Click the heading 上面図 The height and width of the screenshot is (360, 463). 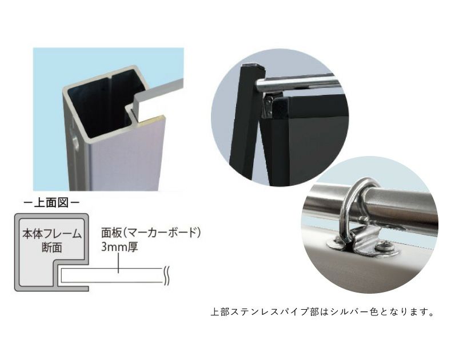[x=51, y=203]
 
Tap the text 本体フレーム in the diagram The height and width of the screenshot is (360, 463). [x=51, y=234]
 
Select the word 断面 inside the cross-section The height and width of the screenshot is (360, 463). [x=51, y=247]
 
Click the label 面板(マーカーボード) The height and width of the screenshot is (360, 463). [x=151, y=233]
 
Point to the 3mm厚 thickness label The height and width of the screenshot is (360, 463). [x=119, y=247]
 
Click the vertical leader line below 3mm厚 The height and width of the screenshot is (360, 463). [x=118, y=263]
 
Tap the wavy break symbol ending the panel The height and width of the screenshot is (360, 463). [x=166, y=275]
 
